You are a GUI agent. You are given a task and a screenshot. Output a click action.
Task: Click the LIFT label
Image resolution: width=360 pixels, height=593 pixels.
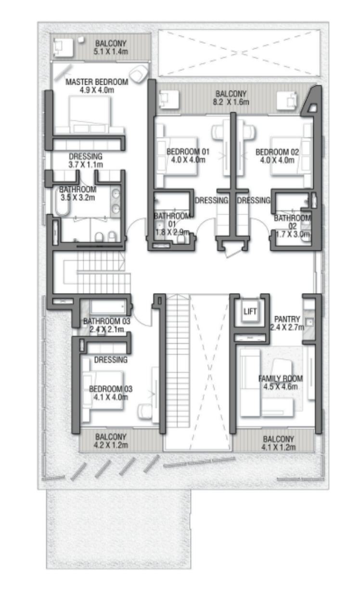coord(250,311)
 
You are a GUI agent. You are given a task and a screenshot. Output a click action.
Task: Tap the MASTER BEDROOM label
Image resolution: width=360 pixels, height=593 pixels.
coord(97,82)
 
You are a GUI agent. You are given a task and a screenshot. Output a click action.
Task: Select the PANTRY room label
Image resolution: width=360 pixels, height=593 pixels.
coord(287,319)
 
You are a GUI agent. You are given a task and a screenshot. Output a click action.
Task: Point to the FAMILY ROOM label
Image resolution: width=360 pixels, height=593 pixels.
coord(281,378)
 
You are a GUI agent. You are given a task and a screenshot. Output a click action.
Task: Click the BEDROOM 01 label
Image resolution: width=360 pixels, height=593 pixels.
coord(188,152)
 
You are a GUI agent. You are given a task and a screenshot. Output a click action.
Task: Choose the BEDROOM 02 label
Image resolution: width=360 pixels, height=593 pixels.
coord(277,152)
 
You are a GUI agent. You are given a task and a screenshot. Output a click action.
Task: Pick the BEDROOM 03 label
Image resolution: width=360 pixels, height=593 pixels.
coord(111,389)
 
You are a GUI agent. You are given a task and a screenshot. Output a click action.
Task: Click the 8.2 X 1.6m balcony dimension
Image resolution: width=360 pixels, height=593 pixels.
coord(231,102)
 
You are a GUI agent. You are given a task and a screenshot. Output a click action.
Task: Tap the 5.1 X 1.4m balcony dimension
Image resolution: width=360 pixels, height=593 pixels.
coord(111,52)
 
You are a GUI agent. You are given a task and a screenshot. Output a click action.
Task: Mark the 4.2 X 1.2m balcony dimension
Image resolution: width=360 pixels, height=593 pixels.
coord(111,445)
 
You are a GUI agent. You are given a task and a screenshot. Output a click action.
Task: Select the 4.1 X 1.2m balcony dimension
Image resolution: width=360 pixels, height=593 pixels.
coord(279,448)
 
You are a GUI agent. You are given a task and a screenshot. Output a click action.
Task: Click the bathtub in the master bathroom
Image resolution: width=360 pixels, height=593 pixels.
coord(63,202)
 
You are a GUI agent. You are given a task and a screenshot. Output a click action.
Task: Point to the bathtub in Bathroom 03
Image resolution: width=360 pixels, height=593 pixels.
coord(108,307)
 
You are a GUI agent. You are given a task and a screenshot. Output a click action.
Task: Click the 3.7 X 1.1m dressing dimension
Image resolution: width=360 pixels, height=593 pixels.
coord(86,165)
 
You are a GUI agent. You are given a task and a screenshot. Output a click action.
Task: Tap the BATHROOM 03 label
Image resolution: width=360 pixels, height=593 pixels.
coord(107,322)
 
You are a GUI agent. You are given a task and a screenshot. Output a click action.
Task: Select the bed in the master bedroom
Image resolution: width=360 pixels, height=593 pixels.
coord(90,115)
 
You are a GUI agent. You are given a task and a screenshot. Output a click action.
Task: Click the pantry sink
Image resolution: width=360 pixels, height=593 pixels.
coord(309,322)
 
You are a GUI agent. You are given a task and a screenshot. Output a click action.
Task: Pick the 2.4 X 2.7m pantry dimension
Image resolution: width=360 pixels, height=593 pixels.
coord(287,327)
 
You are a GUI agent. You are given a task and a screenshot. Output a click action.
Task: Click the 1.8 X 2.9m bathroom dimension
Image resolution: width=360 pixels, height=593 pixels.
coord(172,232)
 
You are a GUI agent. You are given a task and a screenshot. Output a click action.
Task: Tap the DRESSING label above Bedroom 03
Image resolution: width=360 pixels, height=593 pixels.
coord(111,360)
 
